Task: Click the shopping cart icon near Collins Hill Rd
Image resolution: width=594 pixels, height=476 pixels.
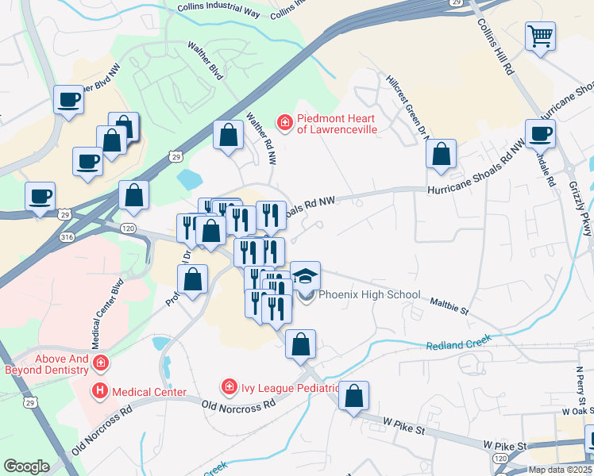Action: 540,35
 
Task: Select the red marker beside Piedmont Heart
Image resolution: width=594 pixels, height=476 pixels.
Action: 283,121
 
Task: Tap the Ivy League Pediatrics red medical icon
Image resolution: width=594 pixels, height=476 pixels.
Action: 229,386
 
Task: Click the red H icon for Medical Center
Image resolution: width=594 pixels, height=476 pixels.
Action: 100,390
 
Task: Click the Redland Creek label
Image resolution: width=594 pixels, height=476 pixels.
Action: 458,342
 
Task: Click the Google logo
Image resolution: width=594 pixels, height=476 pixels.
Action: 26,466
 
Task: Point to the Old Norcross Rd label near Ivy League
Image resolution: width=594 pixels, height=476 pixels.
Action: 238,404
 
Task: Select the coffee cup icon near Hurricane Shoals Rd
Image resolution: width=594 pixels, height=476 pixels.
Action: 540,133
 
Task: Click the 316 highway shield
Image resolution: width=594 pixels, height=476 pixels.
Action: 68,236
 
